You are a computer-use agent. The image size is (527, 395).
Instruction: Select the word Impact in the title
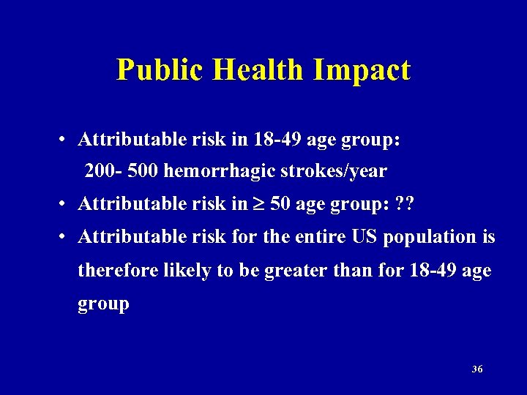click(362, 70)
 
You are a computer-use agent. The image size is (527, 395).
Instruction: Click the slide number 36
click(477, 369)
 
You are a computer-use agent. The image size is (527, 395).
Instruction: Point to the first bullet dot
click(65, 139)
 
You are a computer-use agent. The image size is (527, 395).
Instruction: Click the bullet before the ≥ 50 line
click(65, 204)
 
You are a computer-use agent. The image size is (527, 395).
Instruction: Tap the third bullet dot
click(65, 237)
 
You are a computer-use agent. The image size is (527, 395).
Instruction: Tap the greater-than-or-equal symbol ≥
click(259, 204)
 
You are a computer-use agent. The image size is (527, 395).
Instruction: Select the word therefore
click(113, 270)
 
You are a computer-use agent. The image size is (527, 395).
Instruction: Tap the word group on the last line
click(103, 304)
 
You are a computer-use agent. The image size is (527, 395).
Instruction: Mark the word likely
click(176, 270)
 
